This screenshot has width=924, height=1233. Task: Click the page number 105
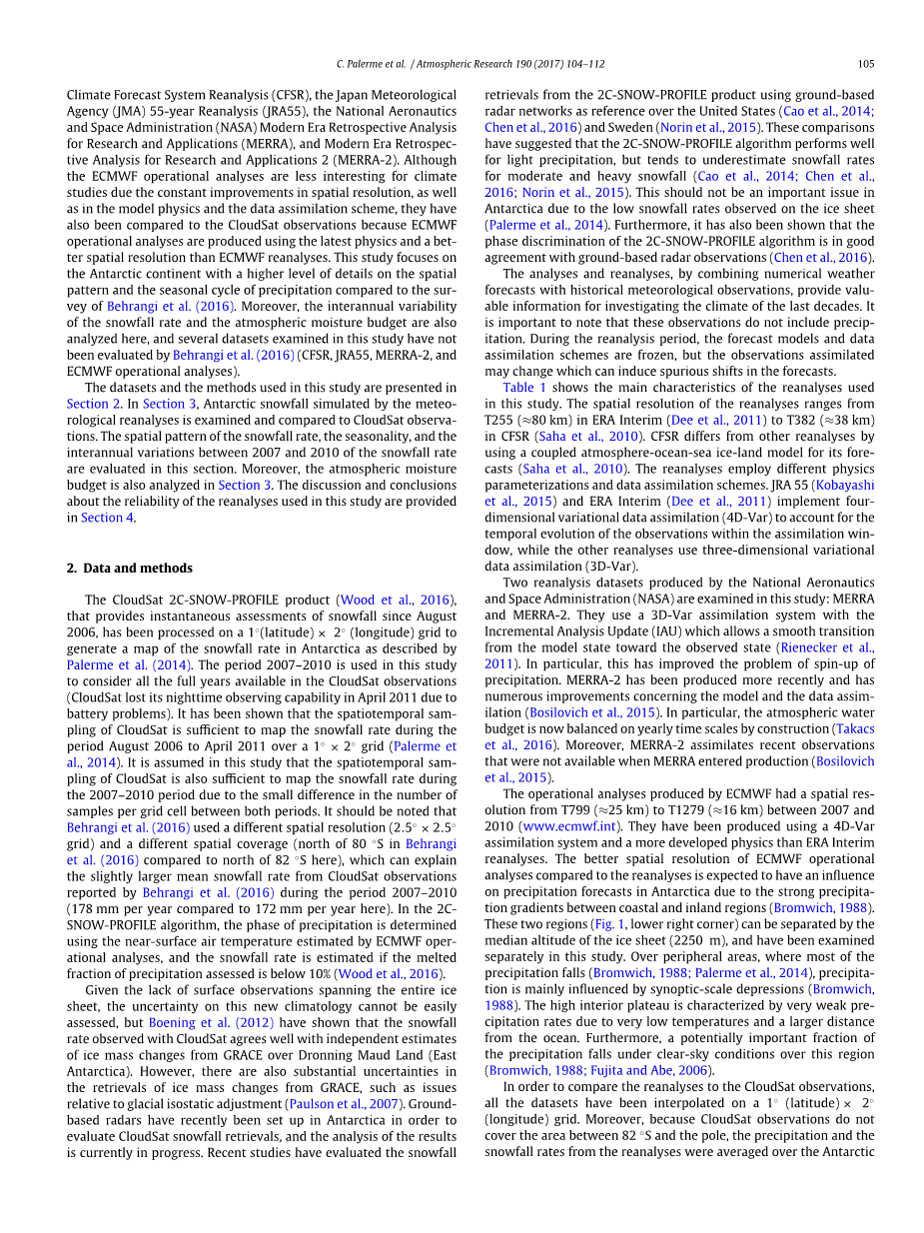click(865, 64)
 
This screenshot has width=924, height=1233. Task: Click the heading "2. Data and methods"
click(129, 568)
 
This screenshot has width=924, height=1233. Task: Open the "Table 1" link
click(524, 388)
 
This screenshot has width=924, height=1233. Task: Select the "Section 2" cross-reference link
click(94, 404)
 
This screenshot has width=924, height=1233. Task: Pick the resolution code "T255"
click(500, 420)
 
